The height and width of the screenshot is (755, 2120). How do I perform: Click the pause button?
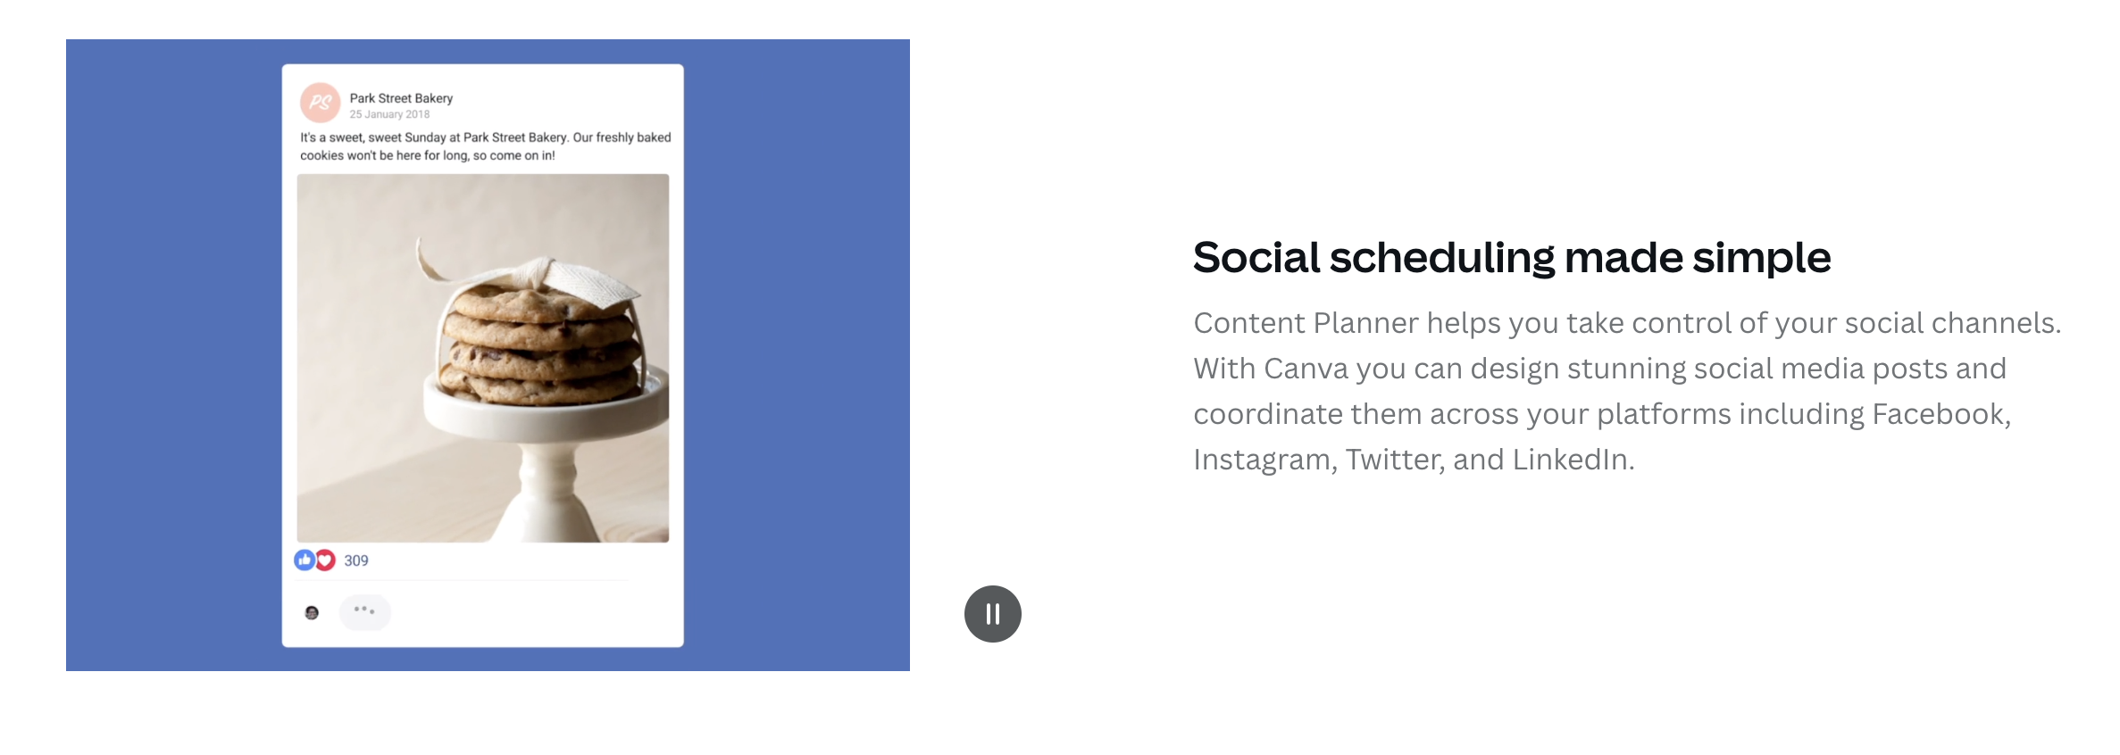(992, 614)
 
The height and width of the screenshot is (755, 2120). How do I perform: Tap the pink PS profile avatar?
(320, 103)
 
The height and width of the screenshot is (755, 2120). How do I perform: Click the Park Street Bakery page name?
(401, 98)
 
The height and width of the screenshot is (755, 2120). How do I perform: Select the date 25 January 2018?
(389, 114)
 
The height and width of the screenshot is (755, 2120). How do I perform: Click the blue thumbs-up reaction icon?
(305, 560)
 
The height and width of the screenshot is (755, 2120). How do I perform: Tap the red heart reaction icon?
(325, 560)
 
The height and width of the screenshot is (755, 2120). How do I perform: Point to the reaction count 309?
(356, 560)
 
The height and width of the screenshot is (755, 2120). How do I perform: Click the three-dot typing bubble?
(364, 611)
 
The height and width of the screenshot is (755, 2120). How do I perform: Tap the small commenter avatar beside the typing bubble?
(312, 612)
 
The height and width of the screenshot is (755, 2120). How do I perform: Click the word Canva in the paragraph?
(1306, 369)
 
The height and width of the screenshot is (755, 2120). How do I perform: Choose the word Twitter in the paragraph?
(1396, 460)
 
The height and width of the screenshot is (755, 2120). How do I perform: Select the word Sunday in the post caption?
(425, 137)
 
